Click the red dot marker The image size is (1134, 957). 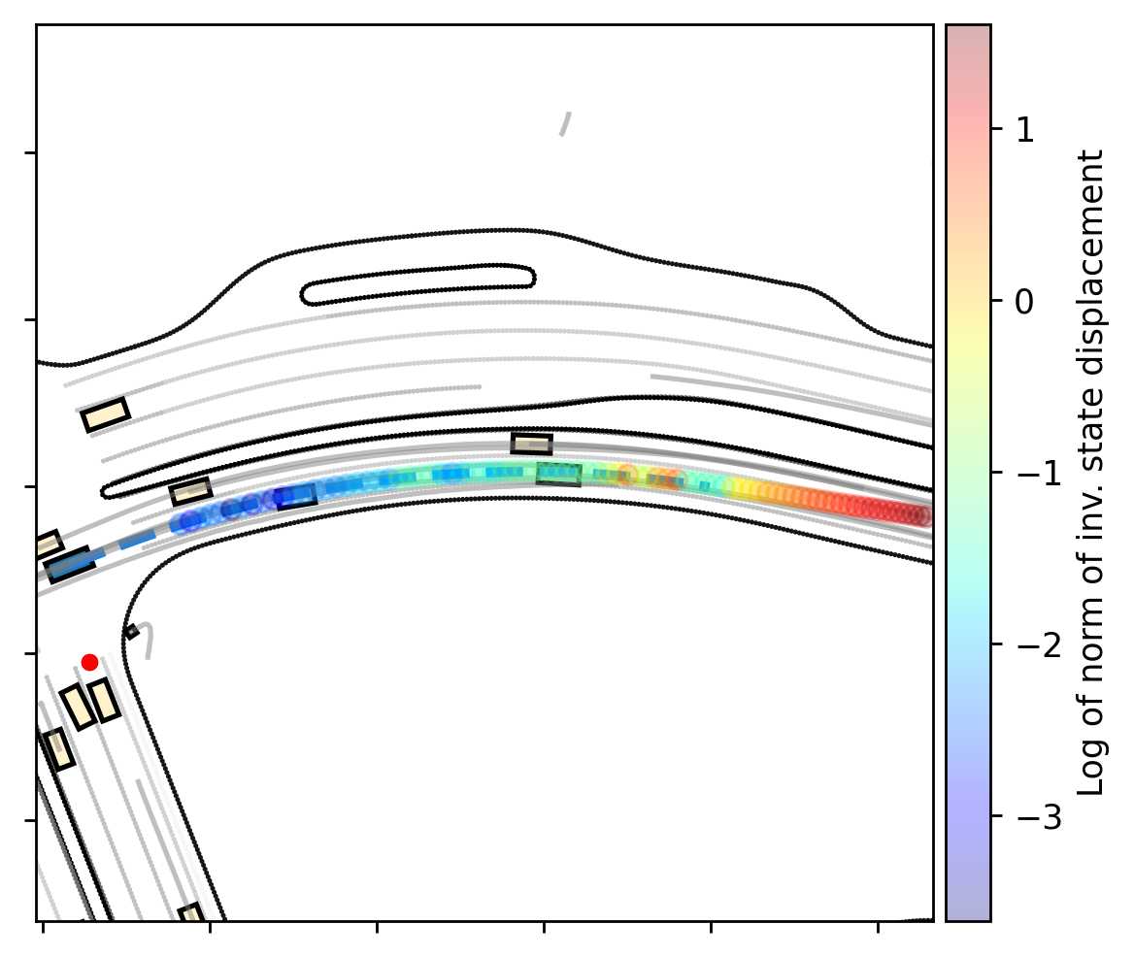point(89,662)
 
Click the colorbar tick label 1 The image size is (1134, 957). point(1024,130)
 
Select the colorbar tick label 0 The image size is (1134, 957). point(1024,302)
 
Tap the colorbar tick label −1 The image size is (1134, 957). point(1037,474)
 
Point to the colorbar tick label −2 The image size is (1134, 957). point(1037,644)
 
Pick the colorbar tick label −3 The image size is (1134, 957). point(1037,817)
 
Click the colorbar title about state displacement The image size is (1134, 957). point(1090,474)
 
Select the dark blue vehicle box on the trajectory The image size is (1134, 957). point(296,497)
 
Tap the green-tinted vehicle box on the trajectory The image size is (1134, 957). point(558,475)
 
